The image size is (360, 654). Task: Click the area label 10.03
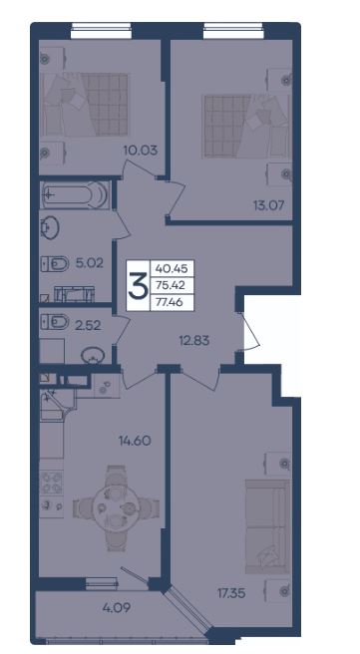pyautogui.click(x=141, y=150)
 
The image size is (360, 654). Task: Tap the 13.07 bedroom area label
pyautogui.click(x=268, y=204)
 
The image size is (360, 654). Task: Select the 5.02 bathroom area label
pyautogui.click(x=90, y=263)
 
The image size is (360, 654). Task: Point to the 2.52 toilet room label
pyautogui.click(x=87, y=325)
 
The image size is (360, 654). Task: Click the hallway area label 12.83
pyautogui.click(x=194, y=341)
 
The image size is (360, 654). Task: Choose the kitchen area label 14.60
pyautogui.click(x=134, y=440)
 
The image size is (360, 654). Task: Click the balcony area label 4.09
pyautogui.click(x=117, y=607)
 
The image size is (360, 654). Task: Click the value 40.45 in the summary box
pyautogui.click(x=172, y=269)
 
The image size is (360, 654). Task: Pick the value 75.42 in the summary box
pyautogui.click(x=172, y=285)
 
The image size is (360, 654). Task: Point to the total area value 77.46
pyautogui.click(x=172, y=302)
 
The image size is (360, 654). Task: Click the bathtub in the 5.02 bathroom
pyautogui.click(x=75, y=194)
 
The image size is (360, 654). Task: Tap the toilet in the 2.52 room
pyautogui.click(x=55, y=322)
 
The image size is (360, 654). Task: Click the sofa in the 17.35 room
pyautogui.click(x=268, y=526)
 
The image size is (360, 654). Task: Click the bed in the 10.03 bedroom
pyautogui.click(x=87, y=105)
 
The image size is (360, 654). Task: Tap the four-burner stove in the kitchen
pyautogui.click(x=52, y=483)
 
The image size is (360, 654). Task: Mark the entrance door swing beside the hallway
pyautogui.click(x=250, y=330)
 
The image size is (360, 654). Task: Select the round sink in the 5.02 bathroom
pyautogui.click(x=50, y=227)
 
